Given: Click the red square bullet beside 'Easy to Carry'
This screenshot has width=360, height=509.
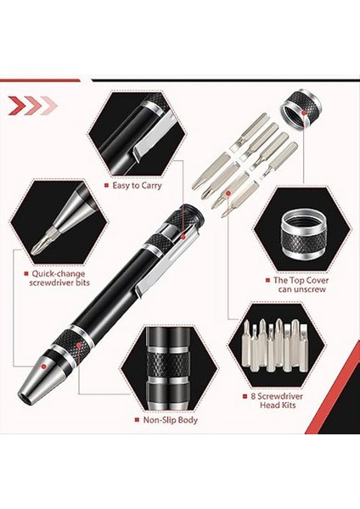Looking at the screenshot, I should tap(105, 185).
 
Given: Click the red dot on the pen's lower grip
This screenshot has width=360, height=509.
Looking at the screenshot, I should tap(81, 346).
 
